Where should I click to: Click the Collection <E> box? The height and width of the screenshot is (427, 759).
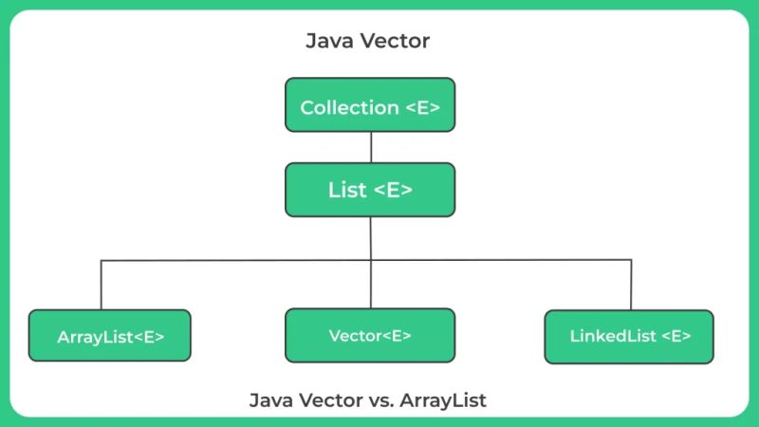tap(370, 106)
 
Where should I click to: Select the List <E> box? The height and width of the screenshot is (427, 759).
tap(370, 190)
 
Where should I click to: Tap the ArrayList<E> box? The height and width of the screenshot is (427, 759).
tap(110, 336)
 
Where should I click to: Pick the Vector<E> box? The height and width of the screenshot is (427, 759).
tap(370, 335)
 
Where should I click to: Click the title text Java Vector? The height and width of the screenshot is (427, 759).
tap(368, 42)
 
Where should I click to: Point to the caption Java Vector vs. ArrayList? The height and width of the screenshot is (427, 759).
tap(368, 400)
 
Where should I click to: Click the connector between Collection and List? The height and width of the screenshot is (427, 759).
tap(371, 147)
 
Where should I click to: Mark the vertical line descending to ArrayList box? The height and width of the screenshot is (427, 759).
tap(102, 285)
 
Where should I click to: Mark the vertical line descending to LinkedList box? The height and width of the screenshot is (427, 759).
tap(631, 285)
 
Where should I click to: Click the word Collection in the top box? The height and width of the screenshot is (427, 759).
tap(349, 107)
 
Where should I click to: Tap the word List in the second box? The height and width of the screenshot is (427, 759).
tap(347, 190)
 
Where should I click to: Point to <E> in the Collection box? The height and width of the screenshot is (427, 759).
tap(422, 107)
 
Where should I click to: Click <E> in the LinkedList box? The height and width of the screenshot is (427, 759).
tap(676, 336)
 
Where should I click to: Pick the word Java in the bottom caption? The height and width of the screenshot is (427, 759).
tap(270, 400)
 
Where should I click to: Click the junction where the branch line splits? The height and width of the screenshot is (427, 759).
tap(371, 259)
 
